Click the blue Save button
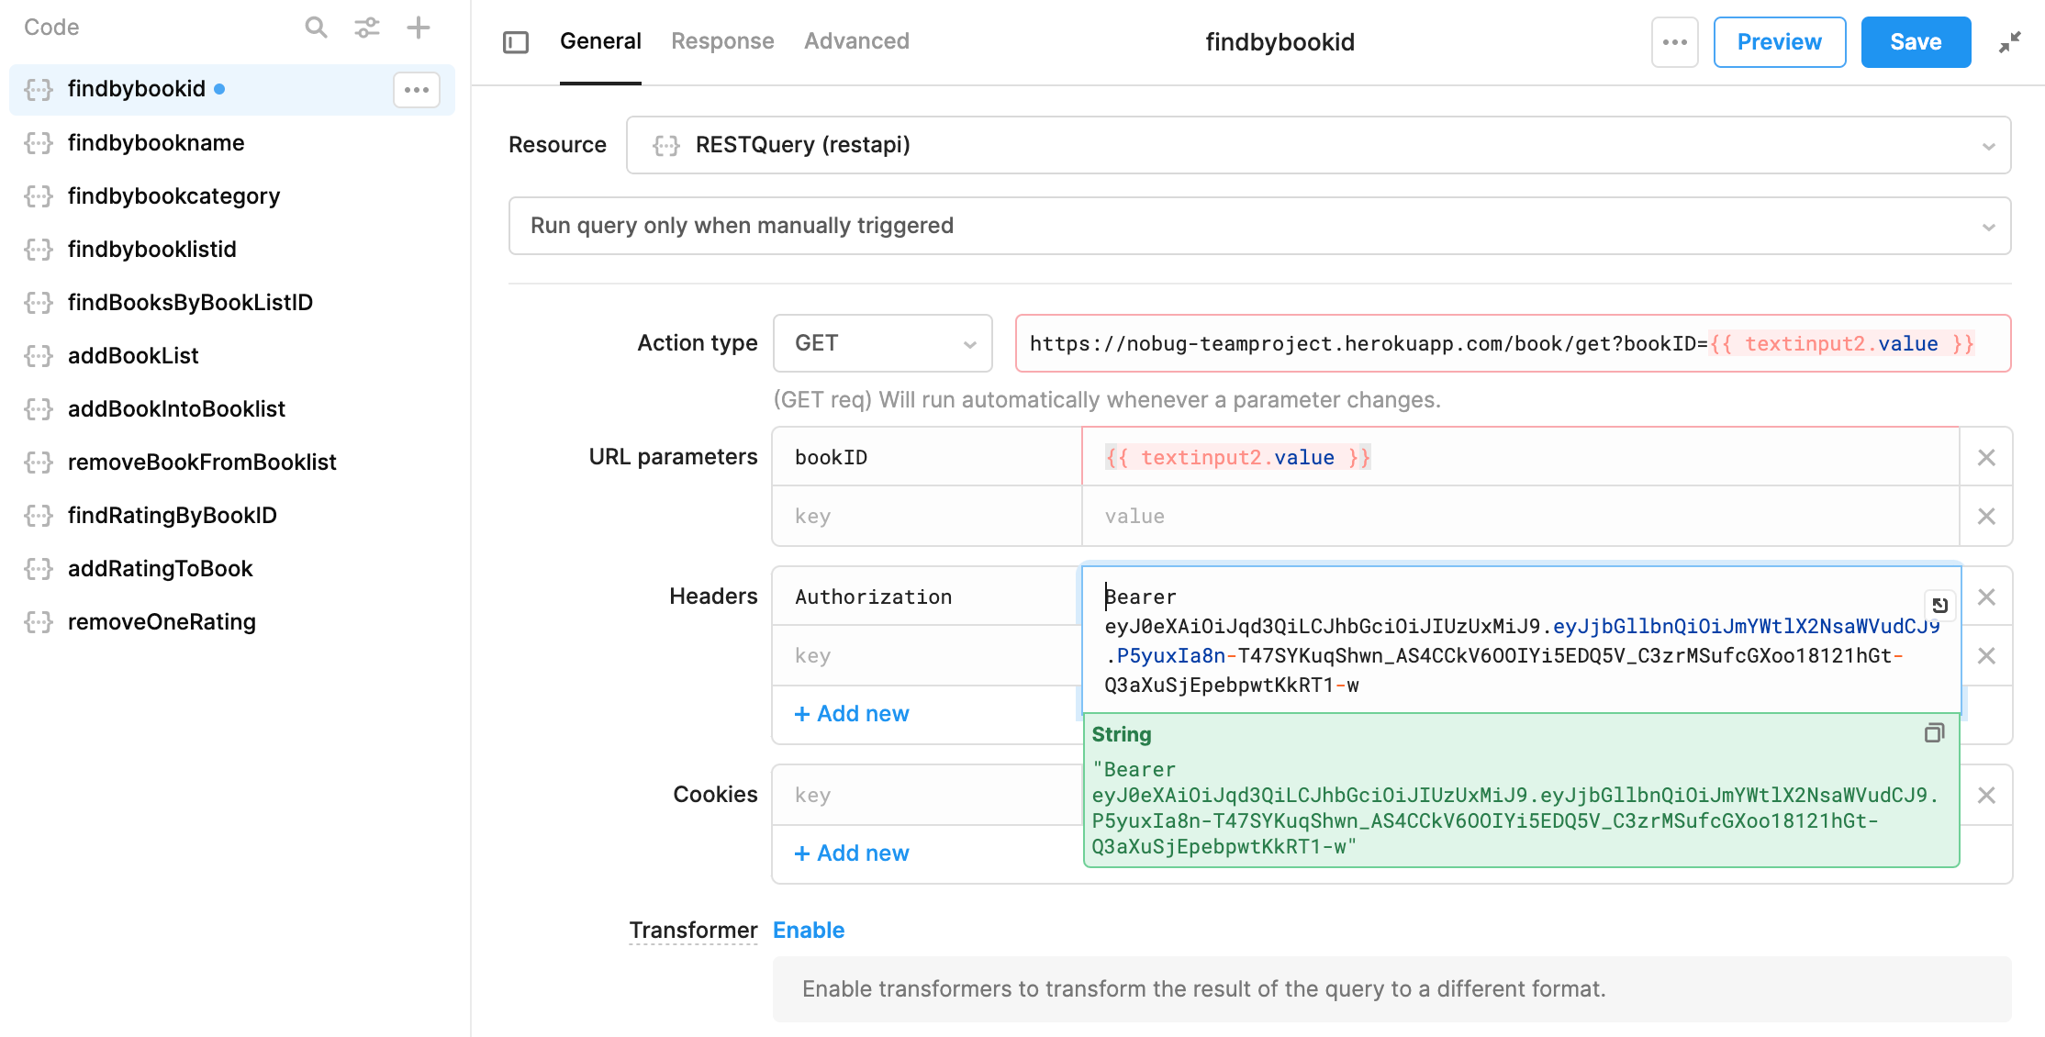tap(1915, 42)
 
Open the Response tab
tap(722, 41)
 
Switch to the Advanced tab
tap(856, 41)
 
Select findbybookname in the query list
tap(156, 143)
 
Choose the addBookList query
tap(133, 356)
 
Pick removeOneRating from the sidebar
tap(162, 622)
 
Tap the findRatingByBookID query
tap(172, 516)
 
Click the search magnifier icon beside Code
tap(316, 28)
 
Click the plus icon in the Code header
tap(419, 28)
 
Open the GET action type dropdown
tap(882, 343)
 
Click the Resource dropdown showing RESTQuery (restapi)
tap(1318, 145)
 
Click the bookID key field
tap(926, 457)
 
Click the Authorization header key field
tap(926, 597)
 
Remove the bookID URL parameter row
tap(1986, 457)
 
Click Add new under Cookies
tap(852, 853)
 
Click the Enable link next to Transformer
tap(809, 931)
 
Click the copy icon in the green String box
tap(1934, 733)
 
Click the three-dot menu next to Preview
tap(1674, 42)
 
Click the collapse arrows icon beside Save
tap(2009, 42)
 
